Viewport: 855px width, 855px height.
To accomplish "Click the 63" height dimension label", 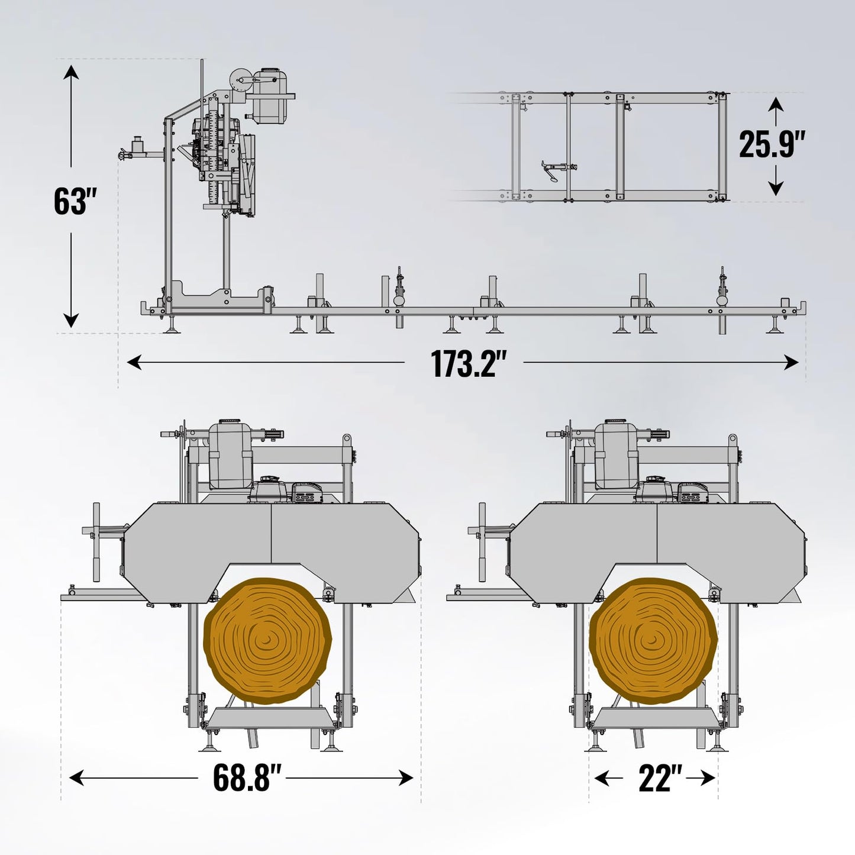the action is (75, 201).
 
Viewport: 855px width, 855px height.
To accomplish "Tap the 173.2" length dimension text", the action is (464, 363).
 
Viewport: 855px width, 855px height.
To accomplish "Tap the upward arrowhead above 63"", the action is (71, 72).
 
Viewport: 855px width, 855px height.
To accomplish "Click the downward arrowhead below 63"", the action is (71, 320).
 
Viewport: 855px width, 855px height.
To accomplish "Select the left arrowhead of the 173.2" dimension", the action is (134, 363).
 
